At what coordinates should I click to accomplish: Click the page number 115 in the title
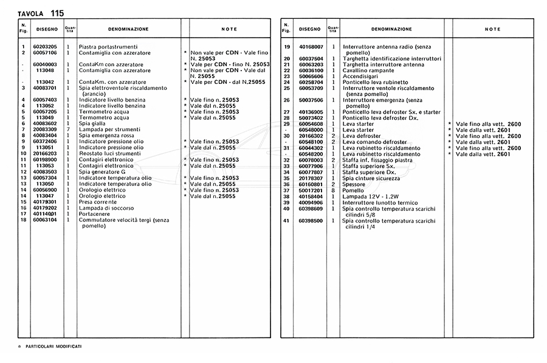[58, 13]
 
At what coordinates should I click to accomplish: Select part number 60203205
[45, 47]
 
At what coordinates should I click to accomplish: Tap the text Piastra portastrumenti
[108, 47]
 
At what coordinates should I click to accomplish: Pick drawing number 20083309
[45, 129]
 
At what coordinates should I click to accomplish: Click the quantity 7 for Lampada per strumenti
[69, 129]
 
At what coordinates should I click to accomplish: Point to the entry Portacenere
[95, 214]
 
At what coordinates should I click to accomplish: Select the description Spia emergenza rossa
[107, 135]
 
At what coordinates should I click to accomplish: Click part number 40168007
[311, 47]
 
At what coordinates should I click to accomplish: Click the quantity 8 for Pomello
[334, 190]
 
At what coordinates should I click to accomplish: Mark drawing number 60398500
[311, 220]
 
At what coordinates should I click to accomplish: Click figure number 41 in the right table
[286, 220]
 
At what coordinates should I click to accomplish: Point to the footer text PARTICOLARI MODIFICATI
[53, 346]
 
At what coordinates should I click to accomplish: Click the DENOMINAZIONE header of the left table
[128, 29]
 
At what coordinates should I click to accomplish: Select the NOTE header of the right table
[492, 29]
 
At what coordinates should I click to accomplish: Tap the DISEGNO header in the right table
[310, 29]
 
